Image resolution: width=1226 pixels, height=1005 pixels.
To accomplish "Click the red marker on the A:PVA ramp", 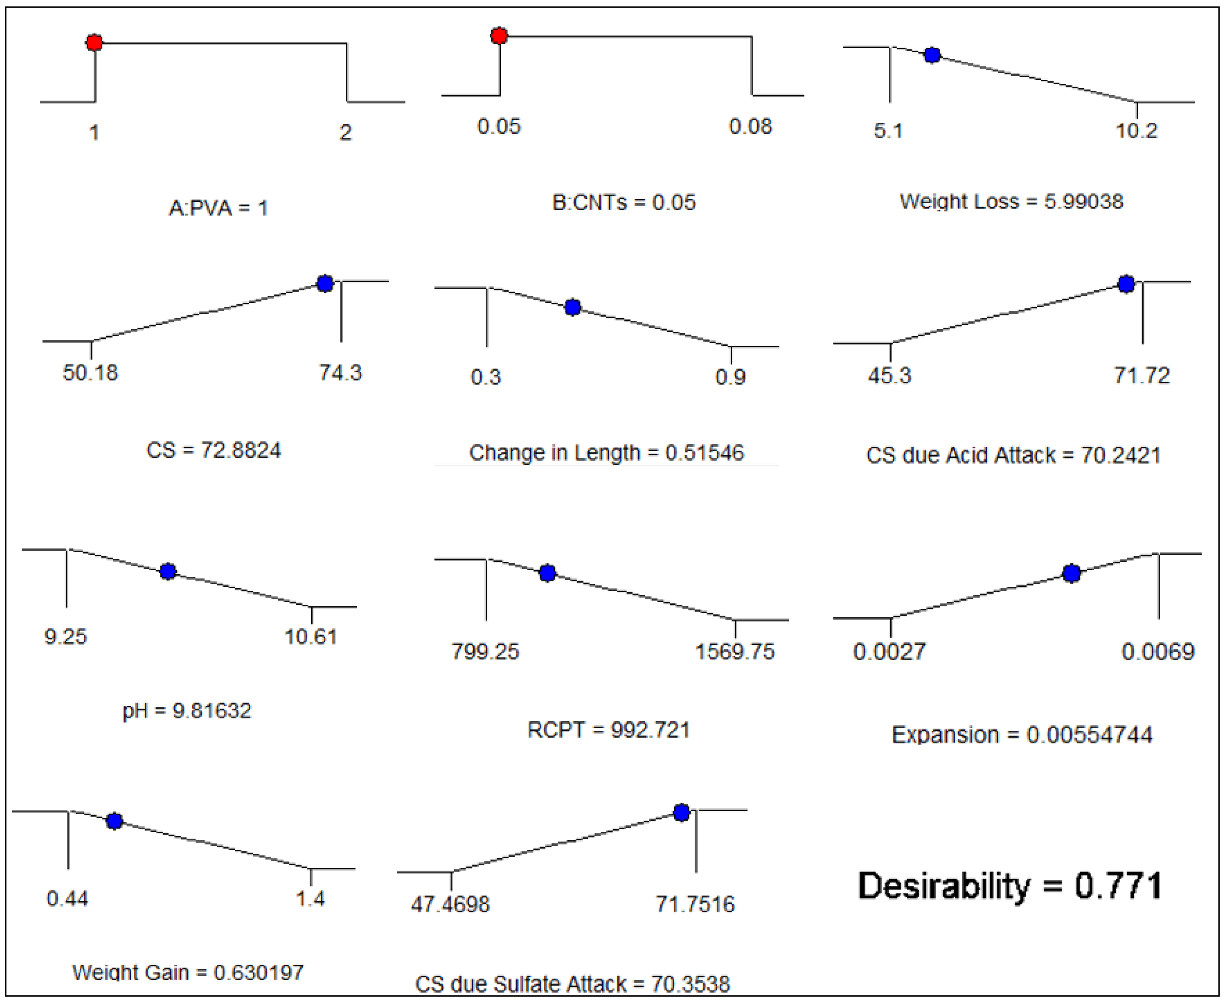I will coord(94,42).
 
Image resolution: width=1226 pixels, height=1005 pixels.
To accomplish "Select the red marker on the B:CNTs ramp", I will coord(499,36).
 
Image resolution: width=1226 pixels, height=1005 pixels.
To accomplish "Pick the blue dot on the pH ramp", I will coord(168,571).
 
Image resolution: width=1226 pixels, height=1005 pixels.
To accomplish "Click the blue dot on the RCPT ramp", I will coord(547,573).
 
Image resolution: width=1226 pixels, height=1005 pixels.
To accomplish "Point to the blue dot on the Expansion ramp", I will coord(1072,573).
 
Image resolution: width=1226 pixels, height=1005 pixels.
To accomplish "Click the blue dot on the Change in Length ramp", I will coord(572,308).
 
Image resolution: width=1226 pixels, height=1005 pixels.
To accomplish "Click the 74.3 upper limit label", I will coord(340,372).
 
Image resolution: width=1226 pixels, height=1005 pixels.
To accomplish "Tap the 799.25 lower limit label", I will coord(486,652).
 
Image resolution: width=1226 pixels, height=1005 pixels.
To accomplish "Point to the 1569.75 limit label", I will coord(735,652).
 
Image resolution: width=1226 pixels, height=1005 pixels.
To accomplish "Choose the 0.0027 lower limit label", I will coord(889,652).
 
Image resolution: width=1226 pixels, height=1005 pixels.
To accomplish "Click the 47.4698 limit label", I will coord(450,904).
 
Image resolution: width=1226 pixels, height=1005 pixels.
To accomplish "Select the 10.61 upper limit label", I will coord(311,637).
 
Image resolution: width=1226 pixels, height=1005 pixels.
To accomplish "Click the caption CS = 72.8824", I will coord(214,450).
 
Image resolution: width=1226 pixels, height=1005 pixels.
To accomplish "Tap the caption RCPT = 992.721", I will coord(608,729).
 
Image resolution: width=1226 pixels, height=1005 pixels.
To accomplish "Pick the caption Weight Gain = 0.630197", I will coord(188,972).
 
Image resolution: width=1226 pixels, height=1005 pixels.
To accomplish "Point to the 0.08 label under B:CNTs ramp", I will coord(750,126).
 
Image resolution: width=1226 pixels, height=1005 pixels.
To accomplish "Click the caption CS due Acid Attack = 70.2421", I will coord(1013,455).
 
